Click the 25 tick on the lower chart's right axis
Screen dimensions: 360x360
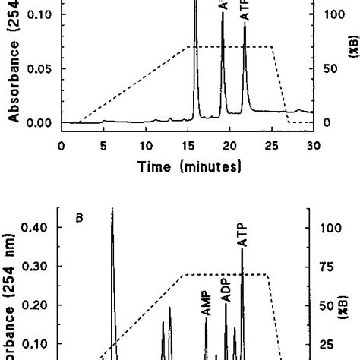tap(329, 343)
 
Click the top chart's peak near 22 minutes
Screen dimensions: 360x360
tap(245, 24)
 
